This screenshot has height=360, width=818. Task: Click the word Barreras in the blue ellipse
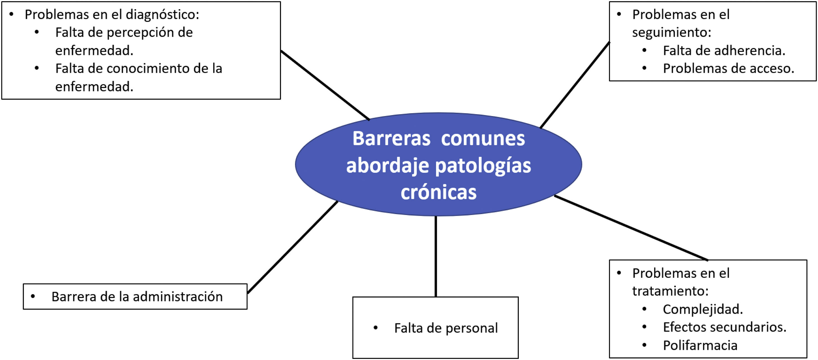(x=391, y=139)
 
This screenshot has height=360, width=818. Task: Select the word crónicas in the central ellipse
(x=439, y=192)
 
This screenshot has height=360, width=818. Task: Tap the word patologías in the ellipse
(x=483, y=166)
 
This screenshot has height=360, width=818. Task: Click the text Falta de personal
(x=446, y=328)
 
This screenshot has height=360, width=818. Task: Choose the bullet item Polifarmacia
(x=700, y=345)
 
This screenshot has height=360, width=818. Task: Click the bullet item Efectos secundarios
(x=724, y=327)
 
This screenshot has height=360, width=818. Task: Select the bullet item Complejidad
(x=703, y=309)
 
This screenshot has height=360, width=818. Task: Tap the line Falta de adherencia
(x=724, y=51)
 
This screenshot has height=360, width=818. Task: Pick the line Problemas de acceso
(x=729, y=68)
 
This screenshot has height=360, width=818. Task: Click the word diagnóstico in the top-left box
(x=162, y=15)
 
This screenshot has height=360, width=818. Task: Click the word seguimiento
(x=671, y=32)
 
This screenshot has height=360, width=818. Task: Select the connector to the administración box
(x=292, y=247)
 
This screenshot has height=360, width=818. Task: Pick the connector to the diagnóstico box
(x=325, y=85)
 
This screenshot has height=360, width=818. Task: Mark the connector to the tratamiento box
(x=631, y=228)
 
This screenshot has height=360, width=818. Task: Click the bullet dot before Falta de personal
(x=376, y=328)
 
